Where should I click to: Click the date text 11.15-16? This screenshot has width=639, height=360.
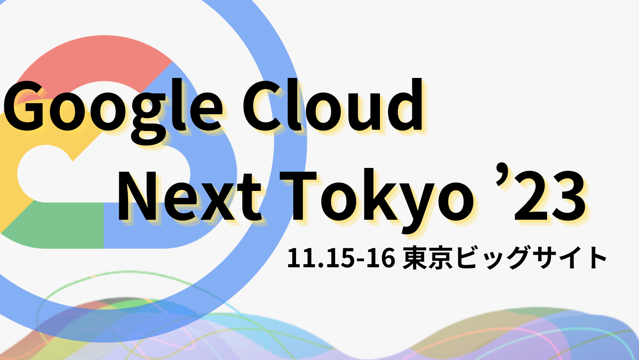pyautogui.click(x=341, y=258)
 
